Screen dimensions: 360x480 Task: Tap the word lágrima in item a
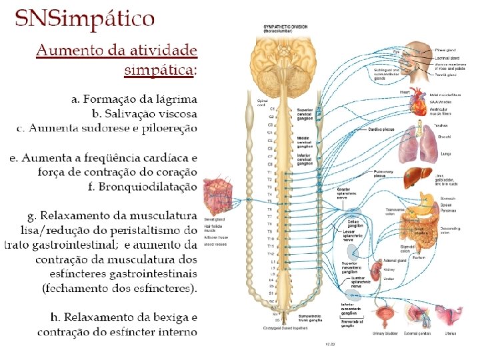pyautogui.click(x=175, y=99)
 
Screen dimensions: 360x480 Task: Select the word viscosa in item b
pyautogui.click(x=175, y=113)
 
